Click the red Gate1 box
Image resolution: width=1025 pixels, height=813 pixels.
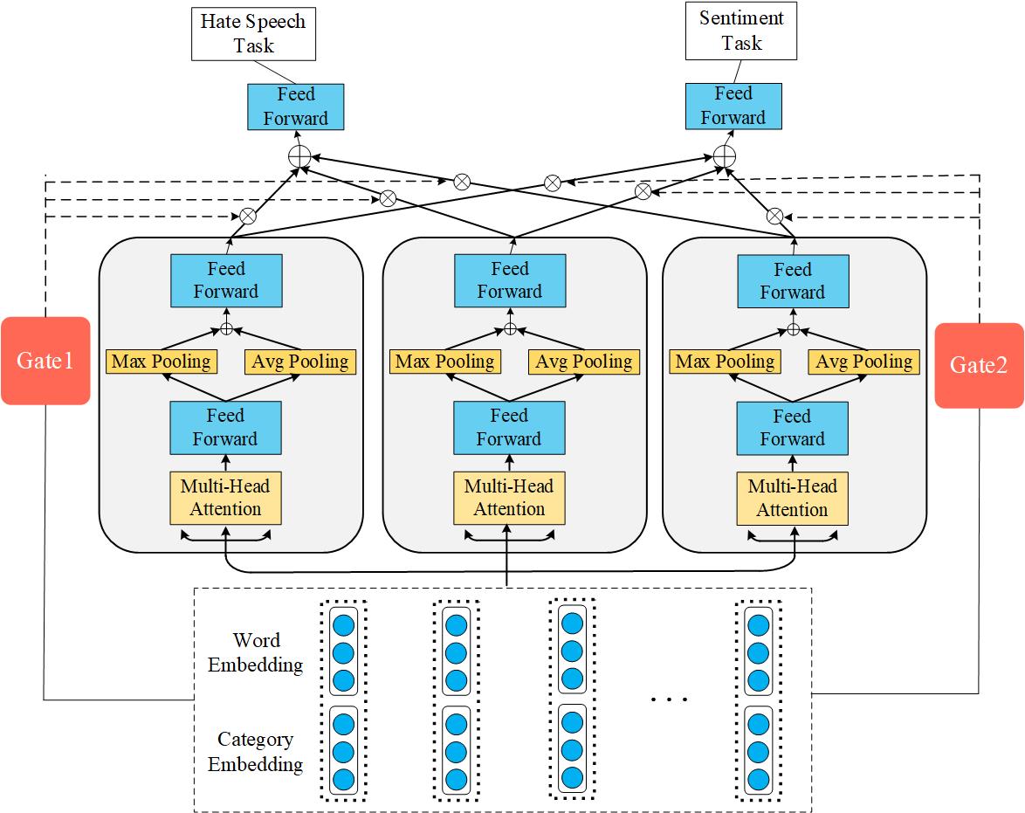[x=45, y=361]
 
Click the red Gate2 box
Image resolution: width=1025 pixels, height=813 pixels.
[x=978, y=365]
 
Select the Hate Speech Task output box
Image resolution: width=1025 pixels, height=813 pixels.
[x=253, y=34]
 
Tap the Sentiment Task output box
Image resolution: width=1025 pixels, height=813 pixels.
[x=741, y=31]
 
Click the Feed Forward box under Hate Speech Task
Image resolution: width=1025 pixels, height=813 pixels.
[x=296, y=107]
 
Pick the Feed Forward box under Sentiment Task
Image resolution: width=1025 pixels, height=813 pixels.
[x=733, y=107]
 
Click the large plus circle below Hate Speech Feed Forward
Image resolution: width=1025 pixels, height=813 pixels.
[x=299, y=156]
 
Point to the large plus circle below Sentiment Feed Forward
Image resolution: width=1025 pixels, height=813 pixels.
[x=724, y=156]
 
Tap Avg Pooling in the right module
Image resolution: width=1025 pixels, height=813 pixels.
[x=863, y=362]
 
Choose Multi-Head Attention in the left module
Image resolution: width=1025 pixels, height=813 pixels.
[x=226, y=498]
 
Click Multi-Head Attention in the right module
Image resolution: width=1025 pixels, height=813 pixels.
[x=792, y=499]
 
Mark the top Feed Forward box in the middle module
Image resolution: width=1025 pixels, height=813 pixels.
[x=509, y=280]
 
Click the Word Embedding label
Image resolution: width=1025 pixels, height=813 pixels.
[x=256, y=653]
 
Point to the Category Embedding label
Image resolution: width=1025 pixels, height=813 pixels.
[x=256, y=752]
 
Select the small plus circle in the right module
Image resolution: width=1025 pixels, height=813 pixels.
[x=793, y=329]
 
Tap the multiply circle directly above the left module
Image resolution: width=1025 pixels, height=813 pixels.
[x=247, y=216]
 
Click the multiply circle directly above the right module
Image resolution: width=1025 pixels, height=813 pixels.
[x=774, y=216]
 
